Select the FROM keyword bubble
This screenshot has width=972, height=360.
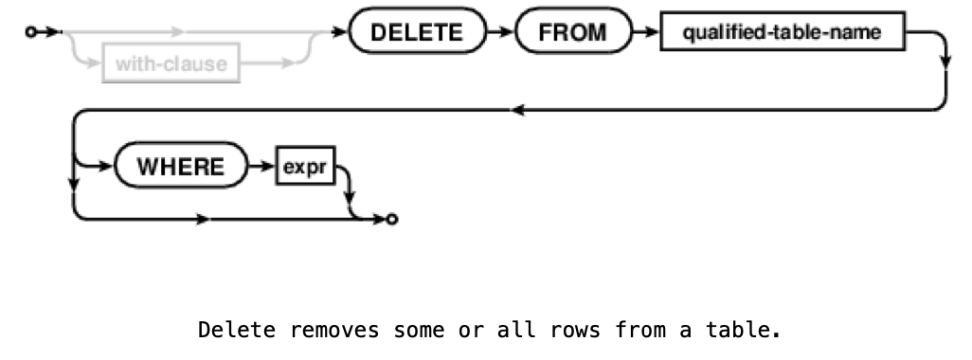(572, 34)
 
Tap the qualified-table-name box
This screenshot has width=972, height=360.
(782, 34)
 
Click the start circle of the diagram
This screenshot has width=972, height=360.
(31, 33)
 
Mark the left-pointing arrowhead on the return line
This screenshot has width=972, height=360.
(516, 112)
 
